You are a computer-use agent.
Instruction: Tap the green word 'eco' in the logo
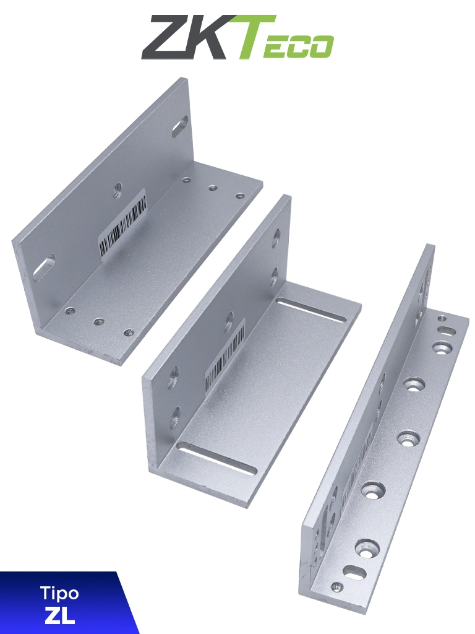tap(298, 46)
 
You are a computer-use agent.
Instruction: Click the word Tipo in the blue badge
tap(59, 593)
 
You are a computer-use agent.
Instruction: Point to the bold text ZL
tap(59, 615)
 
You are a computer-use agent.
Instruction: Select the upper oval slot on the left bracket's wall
tap(180, 125)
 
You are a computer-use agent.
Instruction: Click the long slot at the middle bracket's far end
tap(310, 310)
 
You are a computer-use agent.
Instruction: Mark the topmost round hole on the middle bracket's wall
tap(276, 238)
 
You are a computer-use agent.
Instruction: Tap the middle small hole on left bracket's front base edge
tap(98, 321)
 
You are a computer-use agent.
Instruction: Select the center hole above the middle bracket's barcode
tap(229, 321)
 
